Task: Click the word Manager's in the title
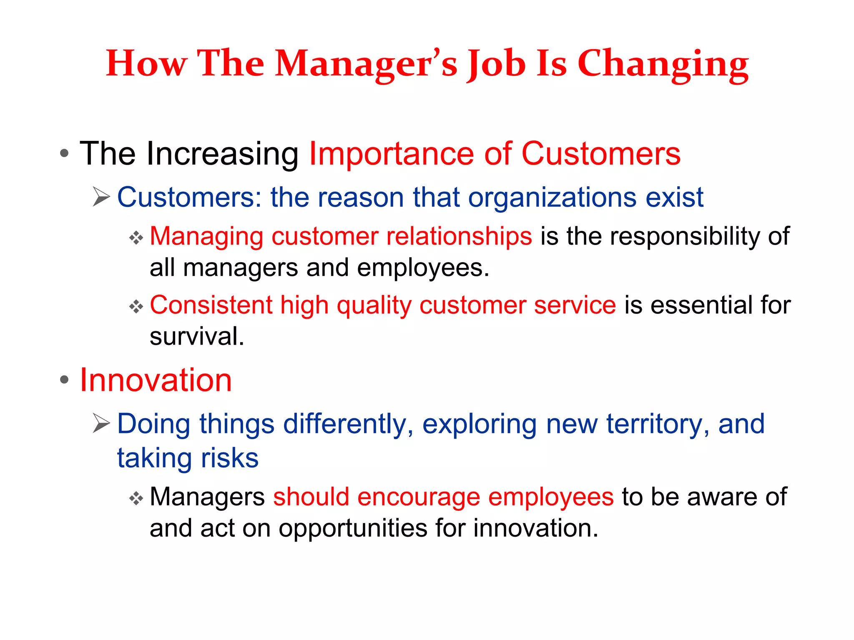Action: (366, 64)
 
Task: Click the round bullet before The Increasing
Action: (64, 153)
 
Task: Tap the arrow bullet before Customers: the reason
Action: (101, 197)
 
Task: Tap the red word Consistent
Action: (211, 305)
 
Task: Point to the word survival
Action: (196, 337)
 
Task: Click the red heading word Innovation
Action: (156, 380)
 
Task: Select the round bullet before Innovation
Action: (64, 380)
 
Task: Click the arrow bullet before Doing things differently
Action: (101, 423)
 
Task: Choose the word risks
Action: (229, 458)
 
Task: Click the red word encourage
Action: (418, 497)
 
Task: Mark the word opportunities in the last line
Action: (353, 529)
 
